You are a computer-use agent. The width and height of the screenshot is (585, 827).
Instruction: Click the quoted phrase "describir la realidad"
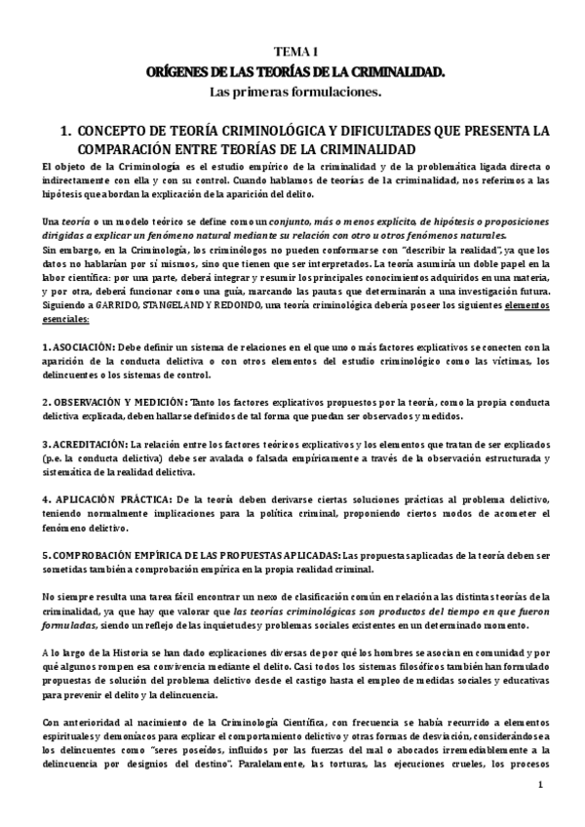tap(400, 251)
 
